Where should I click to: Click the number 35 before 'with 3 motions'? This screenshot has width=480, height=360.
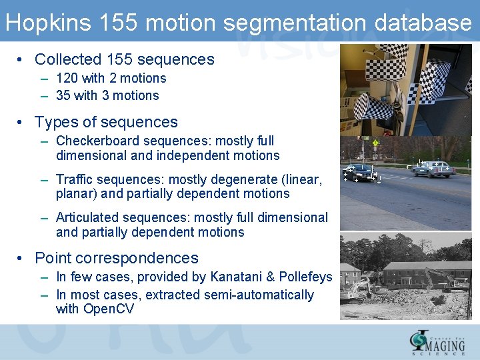[63, 95]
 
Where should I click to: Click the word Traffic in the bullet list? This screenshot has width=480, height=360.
[75, 179]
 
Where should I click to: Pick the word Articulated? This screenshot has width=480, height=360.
[90, 217]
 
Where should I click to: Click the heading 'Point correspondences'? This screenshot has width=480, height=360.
[116, 258]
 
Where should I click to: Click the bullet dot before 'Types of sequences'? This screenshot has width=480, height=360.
[22, 123]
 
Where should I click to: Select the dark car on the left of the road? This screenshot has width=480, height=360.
[361, 172]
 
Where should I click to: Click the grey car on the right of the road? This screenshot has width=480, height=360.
[433, 168]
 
